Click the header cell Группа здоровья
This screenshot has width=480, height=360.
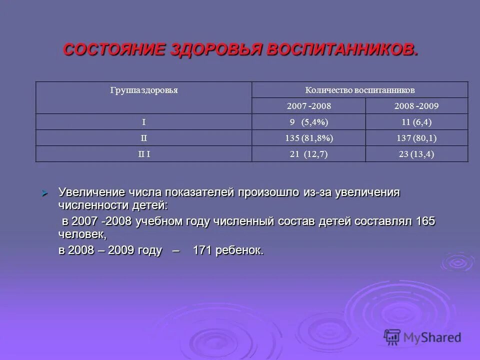[144, 90]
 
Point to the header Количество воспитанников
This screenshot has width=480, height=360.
[360, 90]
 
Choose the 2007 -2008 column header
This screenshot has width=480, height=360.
[309, 106]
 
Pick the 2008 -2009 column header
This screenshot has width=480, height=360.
[417, 106]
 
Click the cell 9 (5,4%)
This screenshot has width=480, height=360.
[309, 122]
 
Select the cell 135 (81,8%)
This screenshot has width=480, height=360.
[309, 138]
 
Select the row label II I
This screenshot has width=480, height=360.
[144, 154]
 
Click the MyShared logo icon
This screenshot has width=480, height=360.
[392, 336]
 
